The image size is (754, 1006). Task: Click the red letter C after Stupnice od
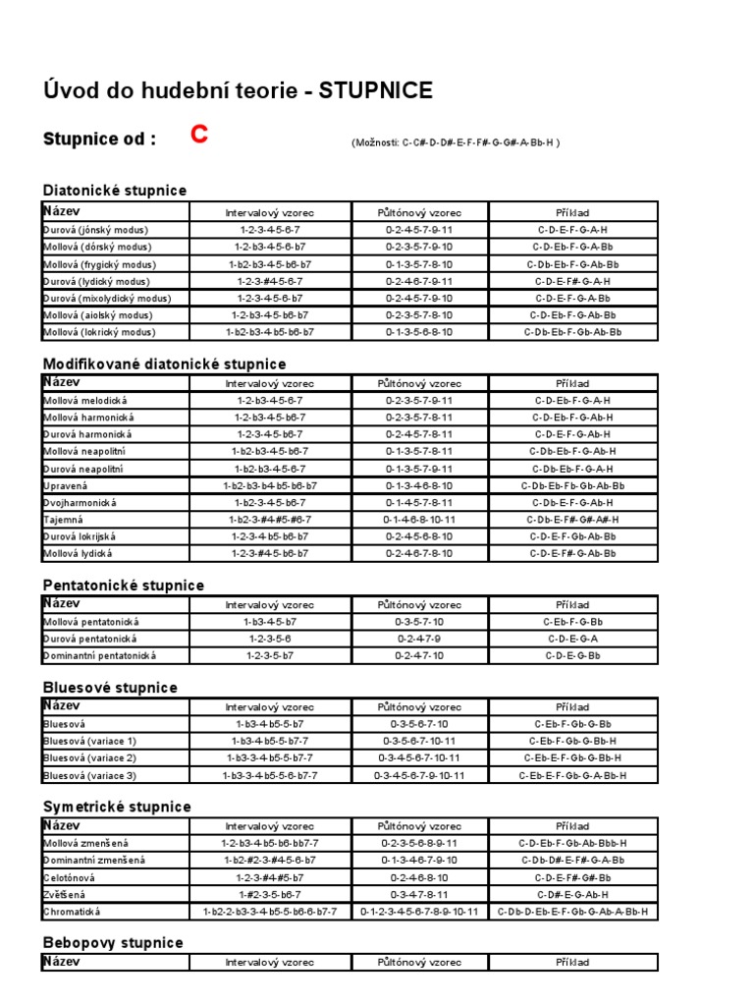point(199,137)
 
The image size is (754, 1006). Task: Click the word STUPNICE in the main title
point(375,91)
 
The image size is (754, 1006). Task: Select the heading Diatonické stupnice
point(114,190)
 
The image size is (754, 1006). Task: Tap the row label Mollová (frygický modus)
point(97,264)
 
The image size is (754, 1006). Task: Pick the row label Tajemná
point(64,519)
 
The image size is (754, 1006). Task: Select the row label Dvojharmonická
point(80,502)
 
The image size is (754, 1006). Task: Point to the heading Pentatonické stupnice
point(123,586)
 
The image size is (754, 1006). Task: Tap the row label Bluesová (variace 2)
point(89,758)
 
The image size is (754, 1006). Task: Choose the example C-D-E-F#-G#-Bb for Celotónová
point(572,877)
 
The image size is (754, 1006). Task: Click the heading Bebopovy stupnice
point(113,943)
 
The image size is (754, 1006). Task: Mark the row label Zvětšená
point(66,895)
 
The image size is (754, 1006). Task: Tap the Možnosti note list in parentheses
point(456,142)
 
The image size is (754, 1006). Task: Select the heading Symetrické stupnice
point(117,807)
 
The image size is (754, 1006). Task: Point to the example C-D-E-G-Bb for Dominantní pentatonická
point(572,655)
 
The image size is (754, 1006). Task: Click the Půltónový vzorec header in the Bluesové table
point(419,706)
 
